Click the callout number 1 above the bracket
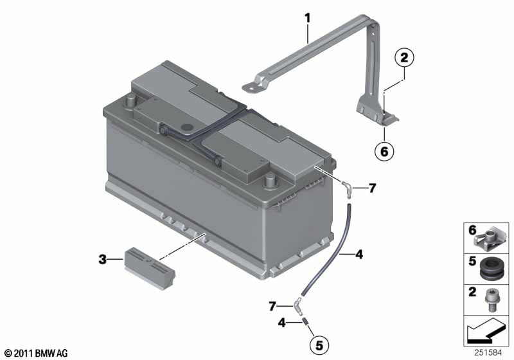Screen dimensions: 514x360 click(308, 19)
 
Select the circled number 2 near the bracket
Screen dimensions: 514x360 click(404, 58)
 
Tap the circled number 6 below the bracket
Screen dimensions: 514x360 click(384, 152)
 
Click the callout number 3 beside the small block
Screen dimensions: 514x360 click(103, 260)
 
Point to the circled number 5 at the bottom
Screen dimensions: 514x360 click(319, 345)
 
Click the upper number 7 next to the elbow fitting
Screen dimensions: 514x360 click(372, 188)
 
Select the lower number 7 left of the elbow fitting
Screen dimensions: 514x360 click(272, 307)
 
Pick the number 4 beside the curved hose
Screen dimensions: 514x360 click(359, 254)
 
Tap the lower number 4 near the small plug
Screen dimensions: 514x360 click(281, 323)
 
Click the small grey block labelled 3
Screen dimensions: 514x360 click(150, 268)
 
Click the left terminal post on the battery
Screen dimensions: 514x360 click(131, 100)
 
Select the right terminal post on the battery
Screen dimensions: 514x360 click(270, 181)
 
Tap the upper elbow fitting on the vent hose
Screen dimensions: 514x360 click(348, 190)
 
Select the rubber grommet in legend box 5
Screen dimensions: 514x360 click(491, 269)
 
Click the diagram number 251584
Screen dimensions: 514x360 click(488, 353)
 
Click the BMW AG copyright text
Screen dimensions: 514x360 click(37, 354)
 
